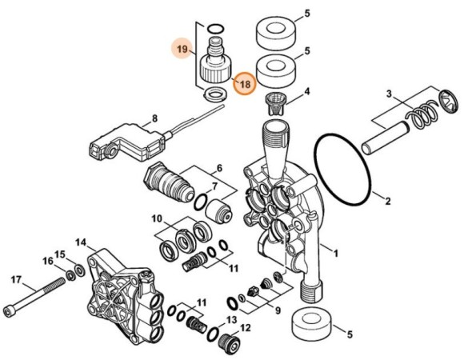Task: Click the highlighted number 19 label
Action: point(182,50)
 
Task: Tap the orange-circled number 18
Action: point(245,82)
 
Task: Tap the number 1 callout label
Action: point(336,254)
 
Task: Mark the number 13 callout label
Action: point(233,320)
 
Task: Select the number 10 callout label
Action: point(157,218)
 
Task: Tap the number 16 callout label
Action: point(47,261)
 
